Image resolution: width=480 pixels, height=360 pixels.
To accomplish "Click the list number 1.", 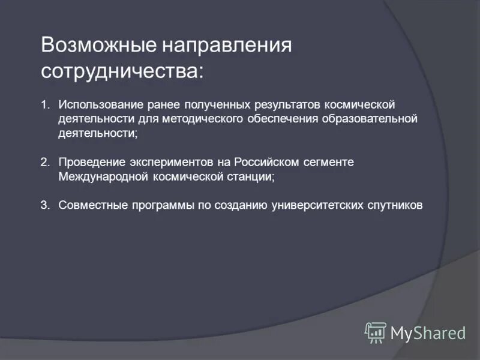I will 45,104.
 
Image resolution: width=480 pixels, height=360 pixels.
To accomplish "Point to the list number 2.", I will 45,163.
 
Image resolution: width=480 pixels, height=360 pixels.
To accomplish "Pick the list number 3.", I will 45,205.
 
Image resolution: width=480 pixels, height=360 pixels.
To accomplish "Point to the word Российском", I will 265,163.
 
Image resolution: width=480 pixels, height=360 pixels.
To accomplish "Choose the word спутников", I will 395,205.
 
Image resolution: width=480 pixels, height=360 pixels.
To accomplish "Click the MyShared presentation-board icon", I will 376,332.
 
